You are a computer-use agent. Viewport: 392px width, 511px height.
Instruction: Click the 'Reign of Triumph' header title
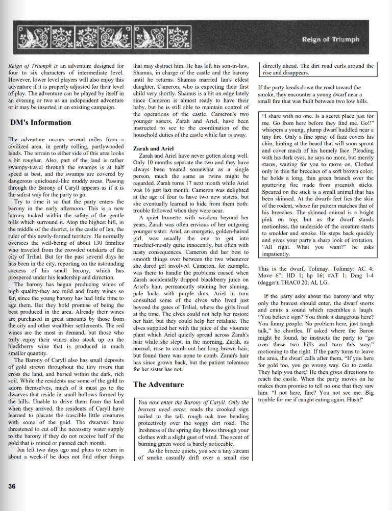330,39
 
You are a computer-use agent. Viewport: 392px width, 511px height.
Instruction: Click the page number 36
12,486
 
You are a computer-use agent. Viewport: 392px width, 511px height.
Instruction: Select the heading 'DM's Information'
40,122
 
